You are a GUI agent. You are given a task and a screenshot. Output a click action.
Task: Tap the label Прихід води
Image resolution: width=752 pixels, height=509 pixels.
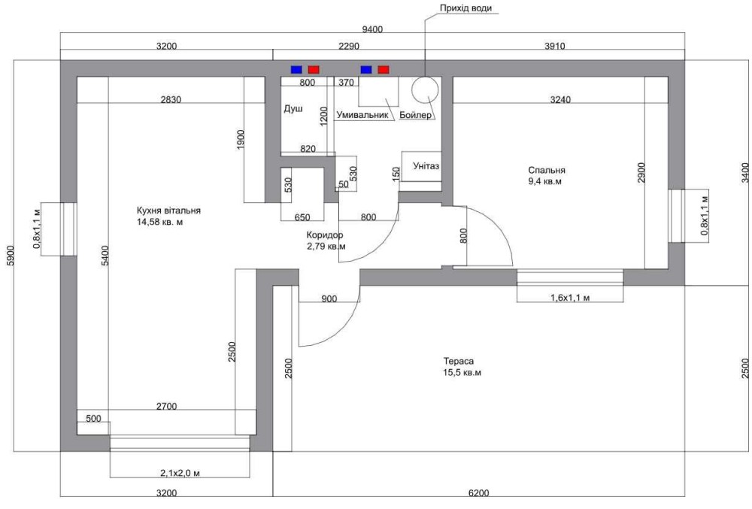coord(465,8)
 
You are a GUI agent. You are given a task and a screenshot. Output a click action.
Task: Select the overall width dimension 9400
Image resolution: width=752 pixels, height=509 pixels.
coord(372,29)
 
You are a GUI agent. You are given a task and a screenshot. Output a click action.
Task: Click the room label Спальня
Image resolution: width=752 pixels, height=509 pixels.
coord(547,170)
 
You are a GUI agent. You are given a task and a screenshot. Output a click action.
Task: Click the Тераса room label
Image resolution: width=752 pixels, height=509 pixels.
coord(459,361)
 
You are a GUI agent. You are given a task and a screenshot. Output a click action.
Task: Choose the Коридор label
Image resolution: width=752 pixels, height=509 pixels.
coord(325,235)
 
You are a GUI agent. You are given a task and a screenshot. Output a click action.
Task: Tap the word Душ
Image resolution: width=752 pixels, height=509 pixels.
coord(293,109)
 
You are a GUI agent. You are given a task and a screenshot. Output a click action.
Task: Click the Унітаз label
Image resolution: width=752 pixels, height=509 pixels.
coord(426,166)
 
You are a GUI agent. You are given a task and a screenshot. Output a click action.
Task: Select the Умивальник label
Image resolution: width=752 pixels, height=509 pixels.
coord(362,115)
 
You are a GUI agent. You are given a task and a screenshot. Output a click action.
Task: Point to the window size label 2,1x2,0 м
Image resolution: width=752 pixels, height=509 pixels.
coord(180,473)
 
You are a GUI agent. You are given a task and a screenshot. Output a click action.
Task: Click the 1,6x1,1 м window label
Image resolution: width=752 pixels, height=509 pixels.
coord(570,298)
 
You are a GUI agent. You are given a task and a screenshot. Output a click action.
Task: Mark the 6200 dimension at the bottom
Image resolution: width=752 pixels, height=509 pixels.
coord(478,492)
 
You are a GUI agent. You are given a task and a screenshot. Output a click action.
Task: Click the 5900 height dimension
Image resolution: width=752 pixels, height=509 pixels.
coord(11,256)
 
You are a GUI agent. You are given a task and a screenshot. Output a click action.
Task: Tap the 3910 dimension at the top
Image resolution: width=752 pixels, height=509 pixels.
coord(554,46)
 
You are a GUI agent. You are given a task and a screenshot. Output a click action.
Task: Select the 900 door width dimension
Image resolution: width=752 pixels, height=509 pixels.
coord(329,298)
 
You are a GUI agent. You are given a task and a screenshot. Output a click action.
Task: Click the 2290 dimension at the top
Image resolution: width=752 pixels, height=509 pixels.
coord(349,46)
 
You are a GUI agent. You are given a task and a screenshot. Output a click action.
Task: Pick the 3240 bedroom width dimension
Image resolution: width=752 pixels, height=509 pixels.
coord(560,100)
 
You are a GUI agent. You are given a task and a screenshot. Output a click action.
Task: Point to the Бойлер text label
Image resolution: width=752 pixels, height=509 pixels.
coord(415,115)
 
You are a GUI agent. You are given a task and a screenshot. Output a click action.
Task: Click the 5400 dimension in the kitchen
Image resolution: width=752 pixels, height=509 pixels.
coord(105,256)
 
